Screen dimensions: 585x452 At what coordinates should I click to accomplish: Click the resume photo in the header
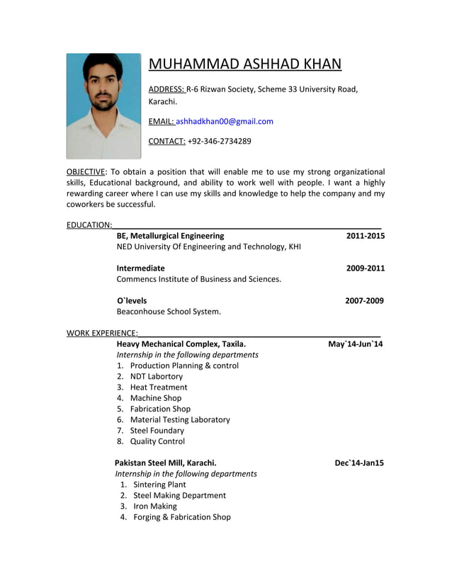[x=103, y=106]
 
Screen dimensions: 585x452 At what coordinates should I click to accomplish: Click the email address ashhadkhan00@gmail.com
[x=225, y=121]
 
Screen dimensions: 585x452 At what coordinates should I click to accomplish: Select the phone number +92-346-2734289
[x=219, y=141]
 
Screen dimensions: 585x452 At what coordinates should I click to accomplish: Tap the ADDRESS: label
[x=166, y=89]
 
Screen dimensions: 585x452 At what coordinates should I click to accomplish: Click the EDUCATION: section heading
[x=89, y=225]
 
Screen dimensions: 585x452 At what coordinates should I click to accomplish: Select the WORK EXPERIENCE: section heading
[x=102, y=333]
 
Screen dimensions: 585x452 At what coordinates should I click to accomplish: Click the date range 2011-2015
[x=365, y=236]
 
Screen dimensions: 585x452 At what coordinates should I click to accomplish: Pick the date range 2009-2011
[x=365, y=268]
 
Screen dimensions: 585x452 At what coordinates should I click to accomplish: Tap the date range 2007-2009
[x=364, y=301]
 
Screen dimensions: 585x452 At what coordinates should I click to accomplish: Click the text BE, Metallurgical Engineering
[x=170, y=236]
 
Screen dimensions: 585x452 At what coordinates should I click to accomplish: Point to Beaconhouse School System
[x=169, y=312]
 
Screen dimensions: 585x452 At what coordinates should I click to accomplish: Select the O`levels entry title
[x=132, y=301]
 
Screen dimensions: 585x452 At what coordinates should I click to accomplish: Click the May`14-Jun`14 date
[x=355, y=344]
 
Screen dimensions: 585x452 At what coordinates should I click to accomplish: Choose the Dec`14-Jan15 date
[x=358, y=463]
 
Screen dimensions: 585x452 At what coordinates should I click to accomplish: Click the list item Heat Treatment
[x=159, y=387]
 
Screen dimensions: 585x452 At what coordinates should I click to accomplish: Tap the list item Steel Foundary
[x=157, y=431]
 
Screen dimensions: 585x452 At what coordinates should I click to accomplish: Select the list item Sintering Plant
[x=159, y=485]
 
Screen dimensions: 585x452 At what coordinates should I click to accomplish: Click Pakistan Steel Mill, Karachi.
[x=165, y=463]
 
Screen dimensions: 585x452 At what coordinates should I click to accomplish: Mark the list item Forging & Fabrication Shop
[x=182, y=518]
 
